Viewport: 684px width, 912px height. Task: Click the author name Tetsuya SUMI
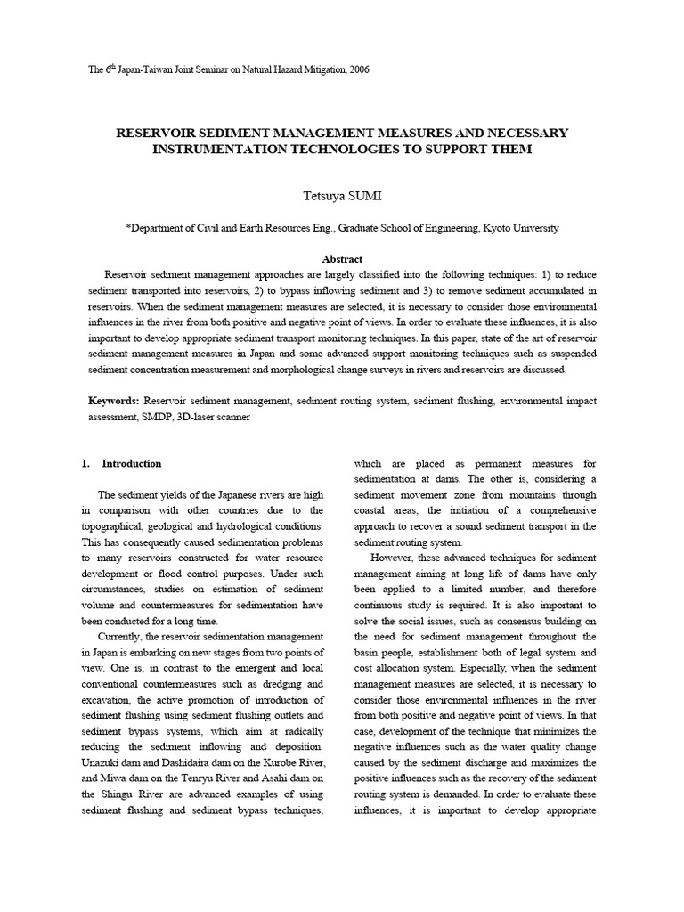[342, 194]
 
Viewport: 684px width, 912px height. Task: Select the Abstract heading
[342, 257]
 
